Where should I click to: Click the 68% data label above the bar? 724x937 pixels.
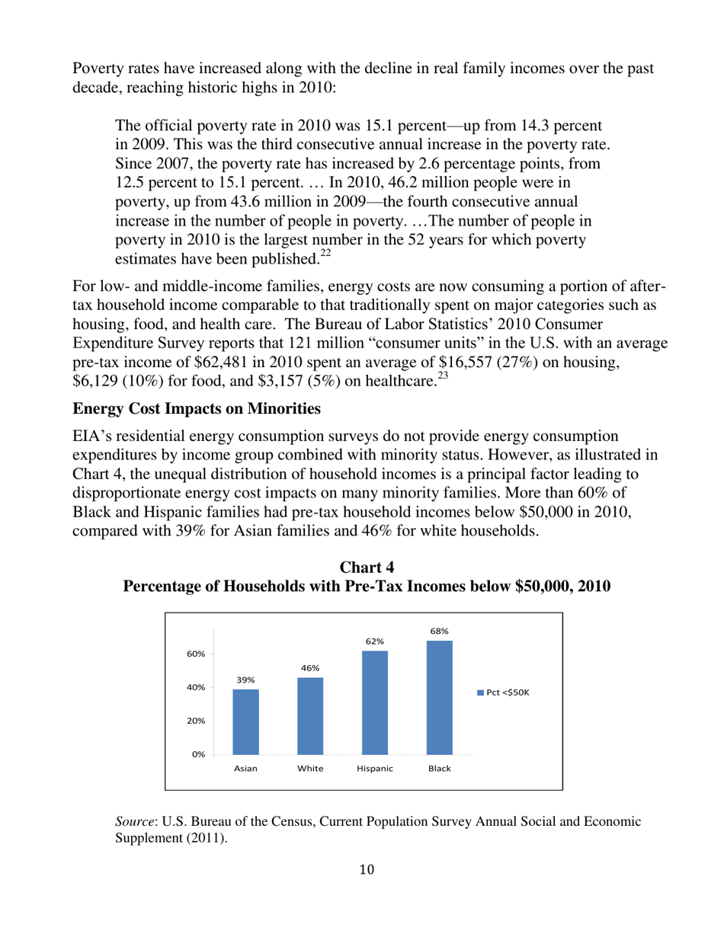[x=440, y=631]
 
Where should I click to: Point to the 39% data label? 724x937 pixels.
[x=245, y=680]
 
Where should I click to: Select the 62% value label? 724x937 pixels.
[x=375, y=641]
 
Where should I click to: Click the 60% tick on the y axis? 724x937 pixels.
[x=197, y=654]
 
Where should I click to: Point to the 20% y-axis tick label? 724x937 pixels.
[x=197, y=721]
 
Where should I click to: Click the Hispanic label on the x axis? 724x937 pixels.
[x=375, y=769]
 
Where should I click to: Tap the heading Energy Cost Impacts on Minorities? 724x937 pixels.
[x=197, y=409]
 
